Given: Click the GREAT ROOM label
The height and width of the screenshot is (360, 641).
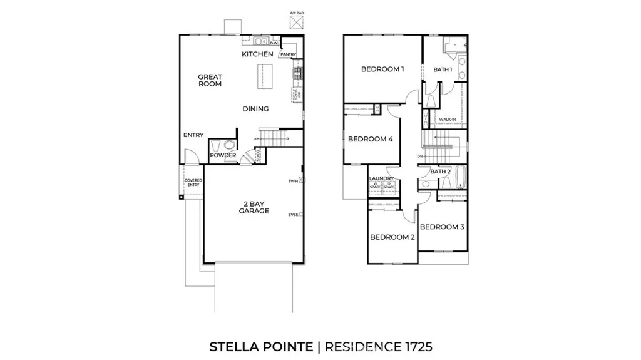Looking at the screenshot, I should coord(210,81).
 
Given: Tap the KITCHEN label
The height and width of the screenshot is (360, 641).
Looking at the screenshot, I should coord(257,54).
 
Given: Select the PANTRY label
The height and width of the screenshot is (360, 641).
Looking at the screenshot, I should coord(288,54).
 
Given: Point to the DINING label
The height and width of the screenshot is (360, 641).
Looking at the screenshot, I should coord(255,109).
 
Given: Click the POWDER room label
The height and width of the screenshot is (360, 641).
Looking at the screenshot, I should coord(222,155).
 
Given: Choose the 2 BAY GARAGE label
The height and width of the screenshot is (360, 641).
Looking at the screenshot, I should coord(254,207).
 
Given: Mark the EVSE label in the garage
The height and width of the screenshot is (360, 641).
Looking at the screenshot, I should coord(292,214).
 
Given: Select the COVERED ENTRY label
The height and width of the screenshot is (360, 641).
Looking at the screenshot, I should coord(193,183).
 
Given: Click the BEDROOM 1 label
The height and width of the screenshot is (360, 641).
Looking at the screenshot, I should coord(382,69).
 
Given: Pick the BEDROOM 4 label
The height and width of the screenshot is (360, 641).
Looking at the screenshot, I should coord(370,139).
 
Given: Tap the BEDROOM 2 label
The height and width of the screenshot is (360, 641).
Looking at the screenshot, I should coord(392,237).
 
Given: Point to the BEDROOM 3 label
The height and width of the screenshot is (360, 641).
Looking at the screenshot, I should coord(441,227).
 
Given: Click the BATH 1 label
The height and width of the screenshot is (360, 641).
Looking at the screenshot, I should coord(443,69).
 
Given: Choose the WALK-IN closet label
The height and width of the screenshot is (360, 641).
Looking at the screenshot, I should coord(447,119).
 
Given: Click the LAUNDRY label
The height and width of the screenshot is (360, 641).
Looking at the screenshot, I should coord(382,178).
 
